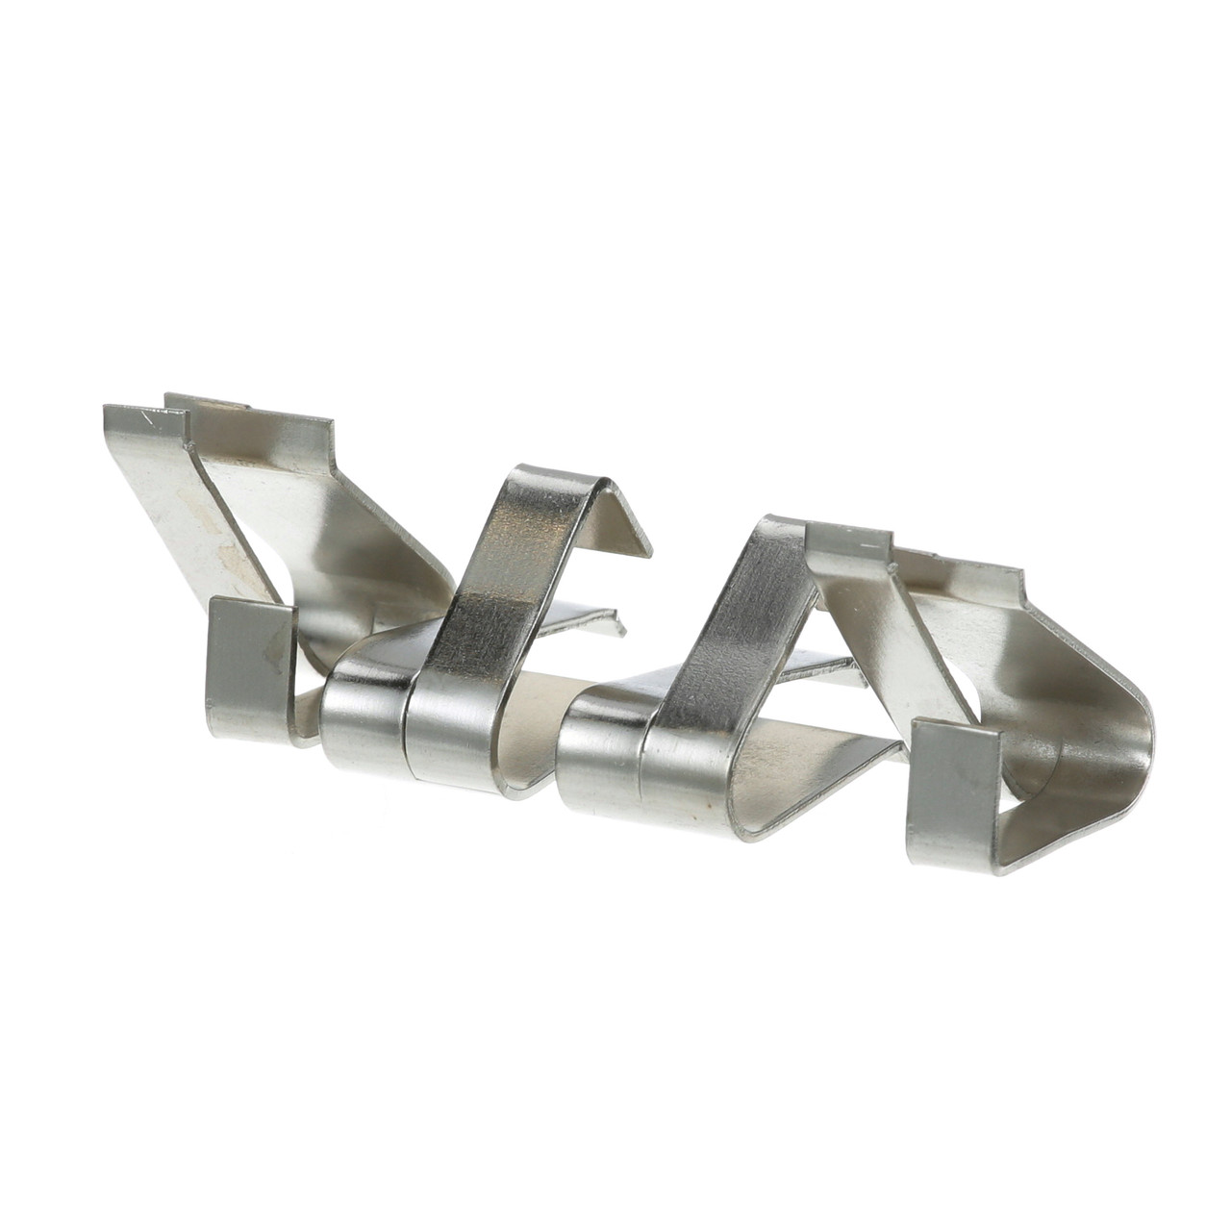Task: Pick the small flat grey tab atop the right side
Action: [x=846, y=544]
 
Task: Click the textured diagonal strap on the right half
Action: [x=731, y=635]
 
